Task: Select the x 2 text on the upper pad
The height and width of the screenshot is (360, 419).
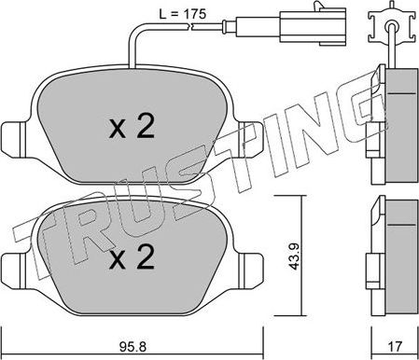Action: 133,129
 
